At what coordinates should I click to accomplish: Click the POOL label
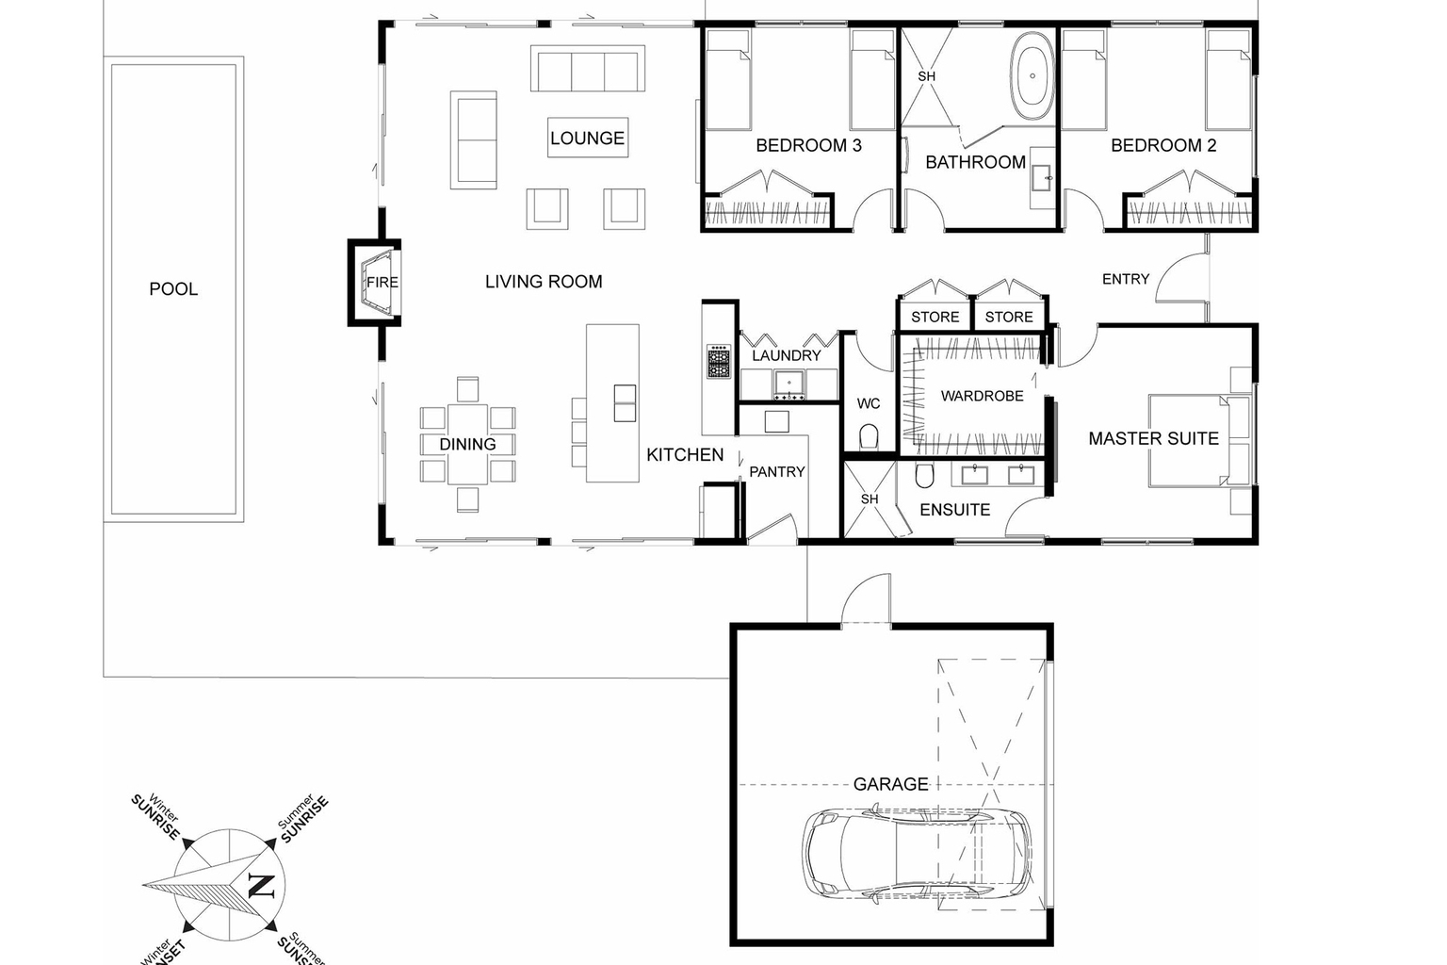173,289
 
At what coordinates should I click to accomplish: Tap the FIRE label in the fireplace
382,282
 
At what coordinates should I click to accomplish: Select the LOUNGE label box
587,138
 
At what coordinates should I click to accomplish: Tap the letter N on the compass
259,885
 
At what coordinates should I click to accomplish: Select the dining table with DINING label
467,444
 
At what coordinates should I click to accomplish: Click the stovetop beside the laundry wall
719,362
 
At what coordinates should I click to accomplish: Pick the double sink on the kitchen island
625,402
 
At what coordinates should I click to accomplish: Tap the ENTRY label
1125,279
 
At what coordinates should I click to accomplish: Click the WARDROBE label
982,396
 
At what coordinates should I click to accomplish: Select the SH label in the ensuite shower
869,499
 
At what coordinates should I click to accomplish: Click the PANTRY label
776,471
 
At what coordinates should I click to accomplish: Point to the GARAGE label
890,784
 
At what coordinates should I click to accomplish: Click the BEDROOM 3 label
808,145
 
